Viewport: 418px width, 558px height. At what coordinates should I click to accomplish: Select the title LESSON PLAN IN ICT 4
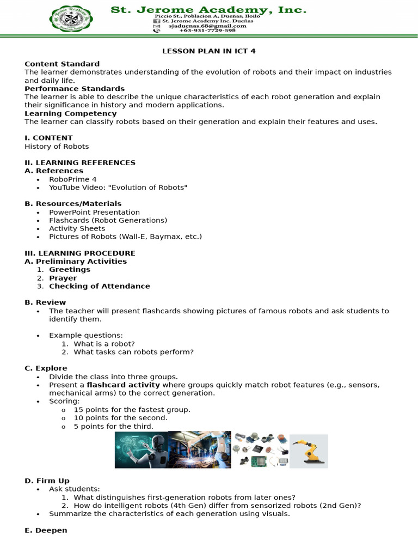[208, 51]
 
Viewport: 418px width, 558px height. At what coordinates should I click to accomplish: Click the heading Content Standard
[62, 64]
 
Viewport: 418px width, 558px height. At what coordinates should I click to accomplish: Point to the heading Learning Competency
[71, 113]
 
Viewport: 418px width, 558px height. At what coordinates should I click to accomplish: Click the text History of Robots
[57, 146]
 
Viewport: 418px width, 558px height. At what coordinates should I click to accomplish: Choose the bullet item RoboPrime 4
[73, 179]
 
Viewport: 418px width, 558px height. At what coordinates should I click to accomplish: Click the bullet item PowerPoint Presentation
[94, 212]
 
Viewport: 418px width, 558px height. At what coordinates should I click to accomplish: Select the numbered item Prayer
[63, 278]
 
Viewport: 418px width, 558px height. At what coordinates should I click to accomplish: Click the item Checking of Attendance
[100, 286]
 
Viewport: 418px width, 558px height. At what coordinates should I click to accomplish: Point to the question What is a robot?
[104, 344]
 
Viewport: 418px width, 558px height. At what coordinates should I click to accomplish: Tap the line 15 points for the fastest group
[132, 409]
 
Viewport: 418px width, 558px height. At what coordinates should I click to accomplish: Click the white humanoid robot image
[141, 451]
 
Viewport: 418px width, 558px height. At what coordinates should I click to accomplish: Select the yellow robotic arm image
[308, 451]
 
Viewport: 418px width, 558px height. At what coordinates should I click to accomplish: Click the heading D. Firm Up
[47, 481]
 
